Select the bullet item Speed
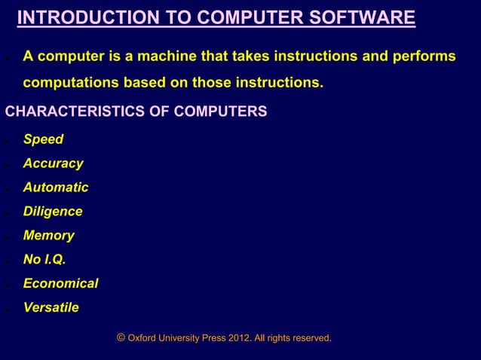pos(43,139)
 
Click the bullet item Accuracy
pos(53,163)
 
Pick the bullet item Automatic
pos(56,188)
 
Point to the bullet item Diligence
pos(53,212)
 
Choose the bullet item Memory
pos(48,236)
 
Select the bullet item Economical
pos(60,284)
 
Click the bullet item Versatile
pos(51,308)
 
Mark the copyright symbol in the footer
pos(121,338)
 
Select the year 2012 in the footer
pos(238,339)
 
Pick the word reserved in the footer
pos(311,339)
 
